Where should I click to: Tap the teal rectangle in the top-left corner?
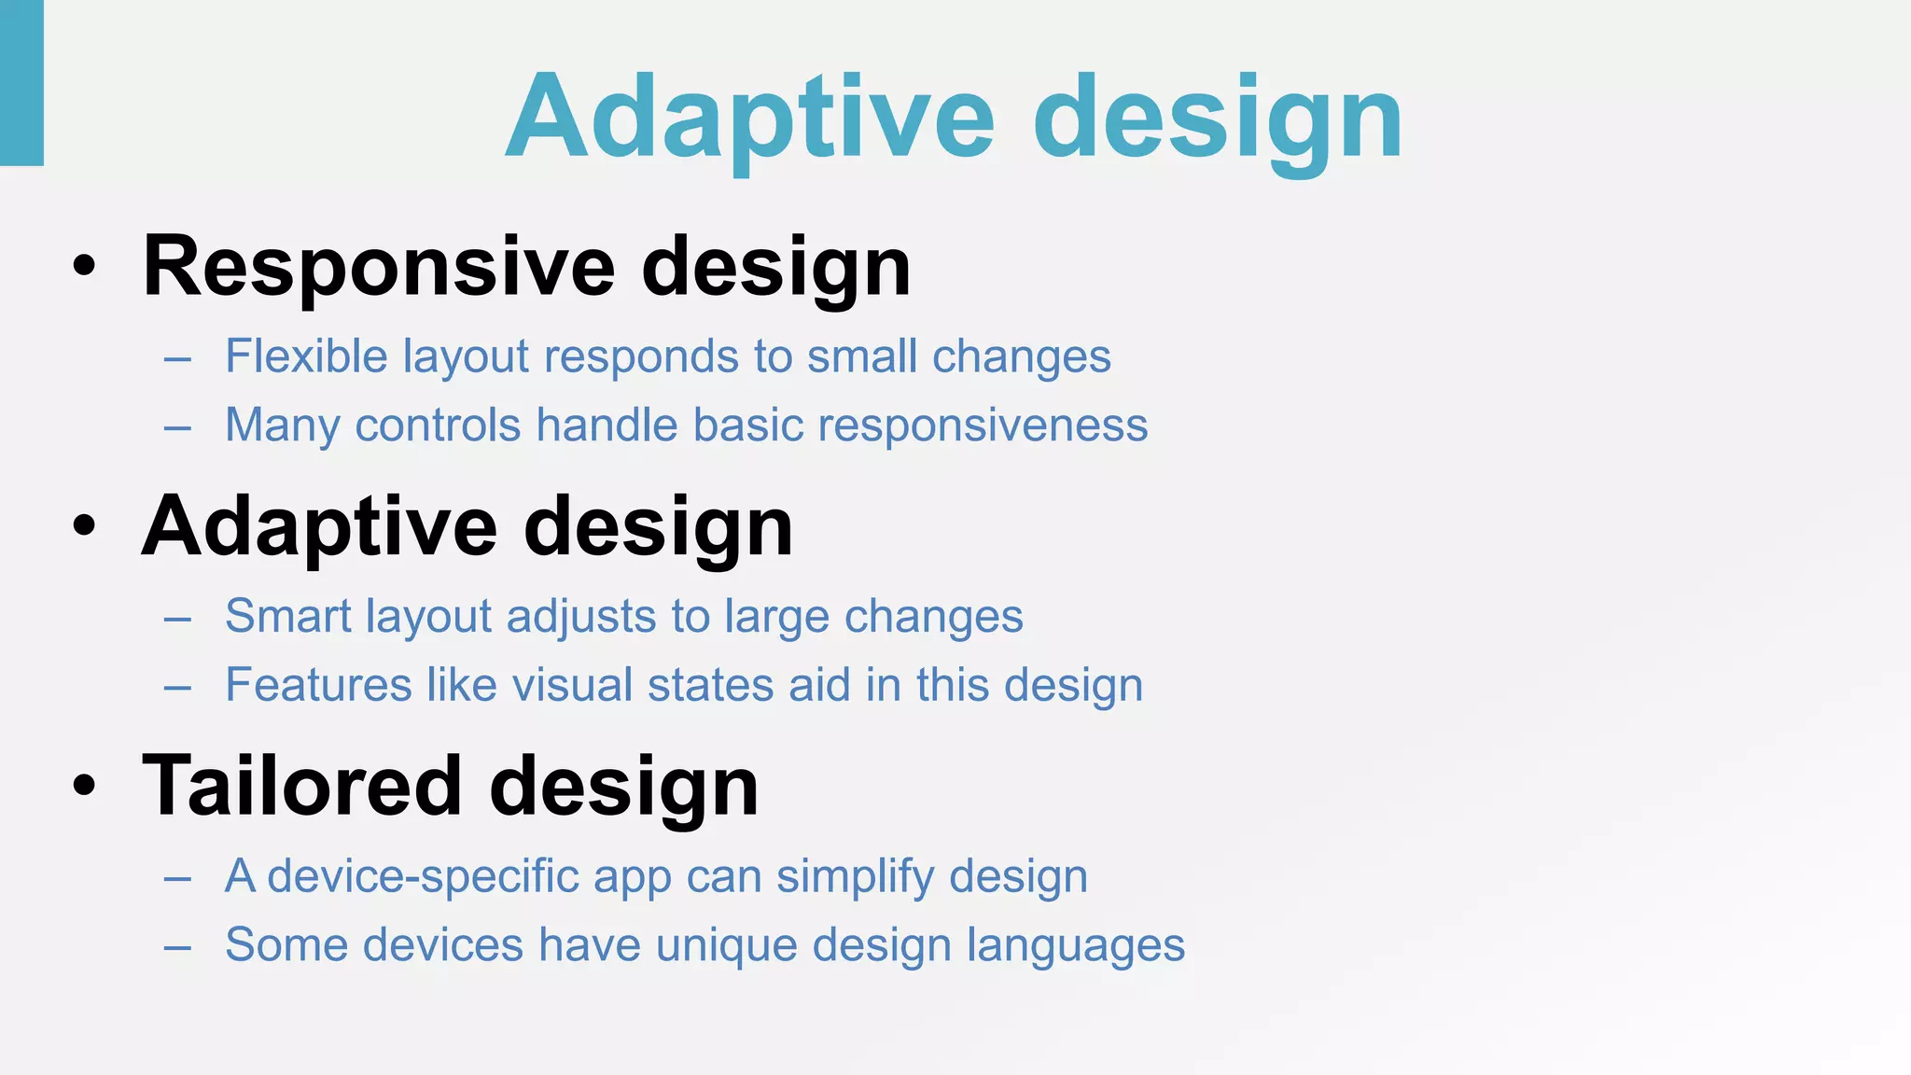tap(21, 82)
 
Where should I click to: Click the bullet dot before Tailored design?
tap(84, 787)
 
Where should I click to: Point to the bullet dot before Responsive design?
tap(84, 268)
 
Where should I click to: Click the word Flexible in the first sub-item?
tap(306, 356)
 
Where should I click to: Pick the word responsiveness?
tap(983, 426)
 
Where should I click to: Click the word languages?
tap(1075, 945)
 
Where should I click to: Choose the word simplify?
tap(855, 877)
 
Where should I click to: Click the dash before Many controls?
tap(177, 427)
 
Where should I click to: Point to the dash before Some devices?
tap(177, 947)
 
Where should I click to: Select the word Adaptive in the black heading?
tap(319, 527)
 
